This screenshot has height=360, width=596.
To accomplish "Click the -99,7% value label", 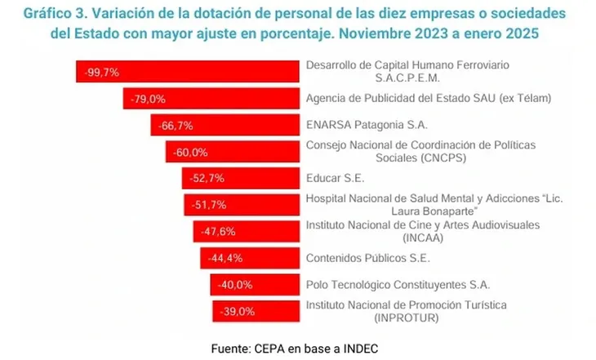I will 101,72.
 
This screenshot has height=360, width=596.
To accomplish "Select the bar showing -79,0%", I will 212,99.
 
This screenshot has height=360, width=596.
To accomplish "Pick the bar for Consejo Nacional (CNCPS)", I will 233,152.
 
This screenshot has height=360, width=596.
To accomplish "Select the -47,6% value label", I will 216,231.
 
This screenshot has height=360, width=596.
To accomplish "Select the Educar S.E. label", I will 336,176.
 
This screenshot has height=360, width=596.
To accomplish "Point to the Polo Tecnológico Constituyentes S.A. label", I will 398,284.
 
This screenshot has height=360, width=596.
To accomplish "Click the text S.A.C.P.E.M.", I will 420,78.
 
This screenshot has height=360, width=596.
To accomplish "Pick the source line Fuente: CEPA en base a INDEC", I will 295,347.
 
